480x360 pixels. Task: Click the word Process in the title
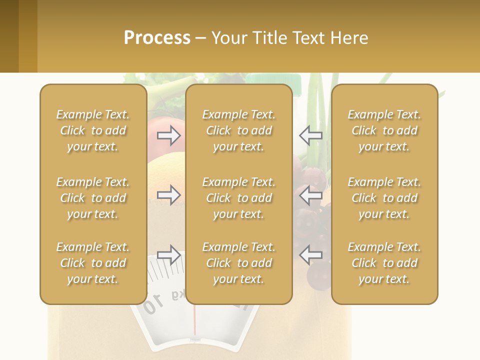[x=157, y=38]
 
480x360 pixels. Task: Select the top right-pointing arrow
[x=168, y=135]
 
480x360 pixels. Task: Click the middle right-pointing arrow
[x=168, y=195]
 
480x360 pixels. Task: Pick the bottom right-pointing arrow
[x=168, y=255]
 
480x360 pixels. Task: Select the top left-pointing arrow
[x=311, y=135]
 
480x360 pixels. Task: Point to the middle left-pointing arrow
[x=311, y=195]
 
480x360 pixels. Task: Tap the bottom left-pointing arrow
[x=311, y=255]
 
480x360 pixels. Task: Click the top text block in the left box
[x=93, y=130]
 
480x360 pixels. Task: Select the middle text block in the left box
[x=93, y=198]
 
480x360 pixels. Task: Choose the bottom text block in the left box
[x=93, y=263]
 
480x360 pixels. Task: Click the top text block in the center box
[x=238, y=130]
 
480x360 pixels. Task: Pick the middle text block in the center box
[x=238, y=198]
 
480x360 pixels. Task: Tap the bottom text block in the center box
[x=238, y=263]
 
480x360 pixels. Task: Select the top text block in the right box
[x=384, y=130]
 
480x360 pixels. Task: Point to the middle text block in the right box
[x=384, y=198]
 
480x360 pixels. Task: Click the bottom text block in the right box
[x=384, y=263]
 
